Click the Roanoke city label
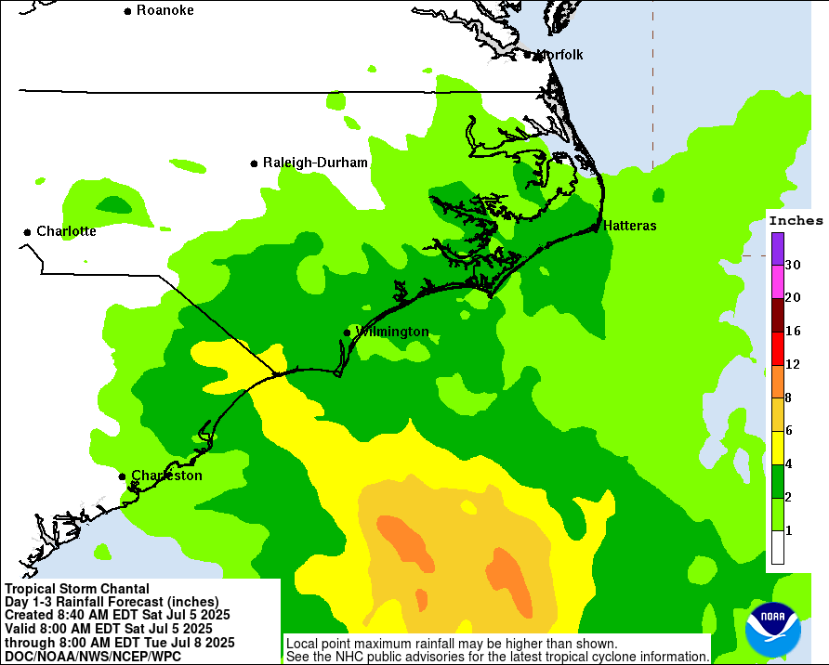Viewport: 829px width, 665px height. coord(165,10)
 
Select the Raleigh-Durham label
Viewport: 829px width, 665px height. coord(315,163)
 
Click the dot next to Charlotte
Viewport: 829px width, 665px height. coord(27,231)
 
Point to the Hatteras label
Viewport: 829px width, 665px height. coord(629,226)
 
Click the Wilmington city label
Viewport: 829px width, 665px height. coord(392,332)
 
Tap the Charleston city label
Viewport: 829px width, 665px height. coord(166,476)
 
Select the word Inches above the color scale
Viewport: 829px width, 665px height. coord(796,221)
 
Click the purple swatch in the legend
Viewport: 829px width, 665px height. coord(778,248)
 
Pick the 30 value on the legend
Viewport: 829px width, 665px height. coord(793,265)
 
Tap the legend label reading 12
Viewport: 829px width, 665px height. coord(793,364)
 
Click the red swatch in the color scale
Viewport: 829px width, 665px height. coord(778,348)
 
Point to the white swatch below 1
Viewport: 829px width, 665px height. coord(778,548)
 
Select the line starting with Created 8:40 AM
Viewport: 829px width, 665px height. coord(117,615)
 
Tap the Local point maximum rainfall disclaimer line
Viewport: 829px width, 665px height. coord(451,644)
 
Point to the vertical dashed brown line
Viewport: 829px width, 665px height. coord(652,74)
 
